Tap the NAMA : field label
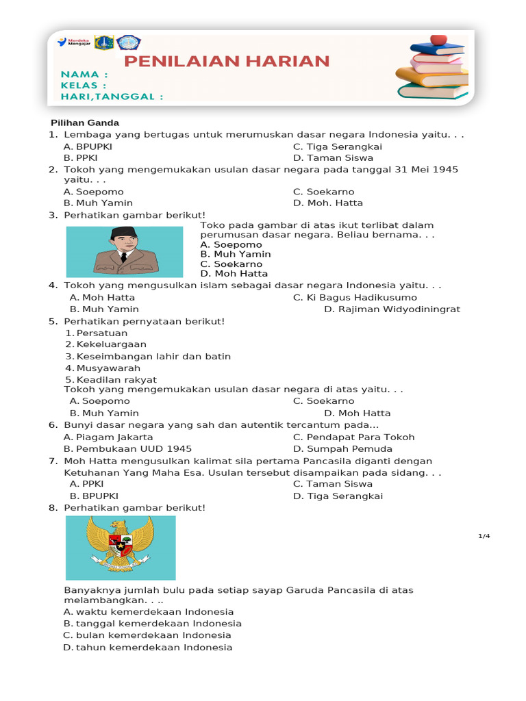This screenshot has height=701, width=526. point(84,74)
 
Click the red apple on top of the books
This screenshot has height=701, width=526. point(438,40)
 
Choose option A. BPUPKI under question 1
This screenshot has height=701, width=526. point(88,146)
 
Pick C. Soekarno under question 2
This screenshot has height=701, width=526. point(323,192)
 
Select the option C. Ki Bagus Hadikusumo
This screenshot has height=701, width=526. point(355,297)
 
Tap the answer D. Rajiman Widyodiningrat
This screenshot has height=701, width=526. point(392,309)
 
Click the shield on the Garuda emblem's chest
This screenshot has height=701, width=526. point(121,546)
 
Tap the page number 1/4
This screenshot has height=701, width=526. point(484,536)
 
